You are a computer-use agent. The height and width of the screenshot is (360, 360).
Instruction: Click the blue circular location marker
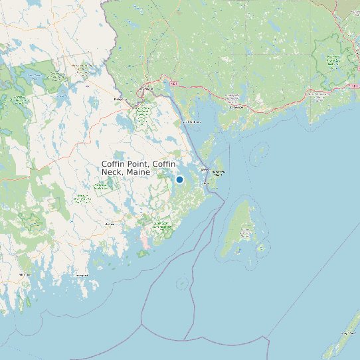[x=179, y=179]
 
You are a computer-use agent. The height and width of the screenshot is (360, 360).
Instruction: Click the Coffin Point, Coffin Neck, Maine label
[x=139, y=167]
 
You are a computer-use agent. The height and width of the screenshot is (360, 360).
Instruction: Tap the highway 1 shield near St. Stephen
[x=173, y=84]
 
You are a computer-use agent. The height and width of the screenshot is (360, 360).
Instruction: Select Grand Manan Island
[x=237, y=229]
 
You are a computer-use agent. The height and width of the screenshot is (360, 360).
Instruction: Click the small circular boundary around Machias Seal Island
[x=181, y=284]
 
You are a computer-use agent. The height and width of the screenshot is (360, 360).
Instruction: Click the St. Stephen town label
[x=147, y=88]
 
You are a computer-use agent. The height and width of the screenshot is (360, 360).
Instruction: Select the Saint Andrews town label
[x=191, y=122]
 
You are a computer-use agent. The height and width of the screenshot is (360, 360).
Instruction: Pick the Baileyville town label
[x=120, y=100]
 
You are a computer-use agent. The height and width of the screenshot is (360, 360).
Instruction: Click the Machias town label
[x=110, y=225]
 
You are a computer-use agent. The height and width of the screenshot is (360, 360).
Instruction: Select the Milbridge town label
[x=25, y=274]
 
